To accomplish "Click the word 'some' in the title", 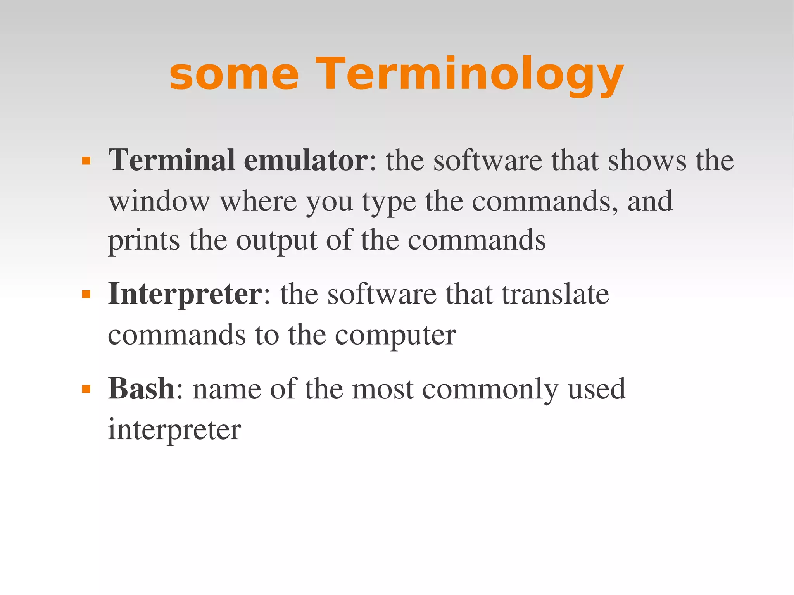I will pyautogui.click(x=234, y=74).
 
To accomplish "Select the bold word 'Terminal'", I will pyautogui.click(x=172, y=160).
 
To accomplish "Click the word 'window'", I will pyautogui.click(x=159, y=201).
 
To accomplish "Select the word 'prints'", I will pyautogui.click(x=143, y=241).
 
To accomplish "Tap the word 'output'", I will pyautogui.click(x=276, y=241).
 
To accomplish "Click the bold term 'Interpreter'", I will pyautogui.click(x=185, y=295).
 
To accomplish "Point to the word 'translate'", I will pyautogui.click(x=555, y=295).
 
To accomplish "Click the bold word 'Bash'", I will pyautogui.click(x=142, y=388).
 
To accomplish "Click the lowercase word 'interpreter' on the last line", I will pyautogui.click(x=174, y=430).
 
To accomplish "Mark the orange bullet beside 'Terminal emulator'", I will pyautogui.click(x=86, y=161).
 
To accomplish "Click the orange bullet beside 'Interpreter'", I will pyautogui.click(x=86, y=295).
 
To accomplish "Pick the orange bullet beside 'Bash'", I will pyautogui.click(x=86, y=389).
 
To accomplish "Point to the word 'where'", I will pyautogui.click(x=259, y=201).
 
